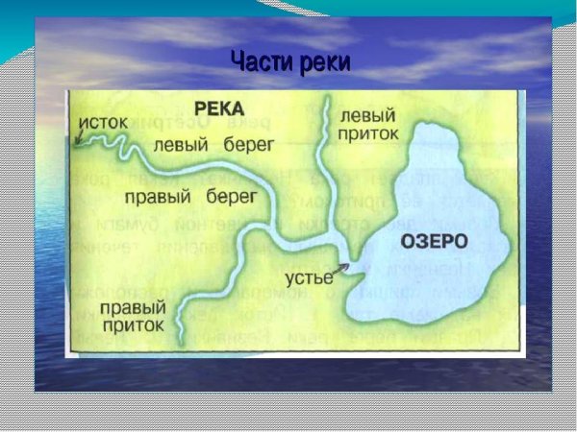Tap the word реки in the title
pyautogui.click(x=324, y=62)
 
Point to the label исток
pyautogui.click(x=103, y=126)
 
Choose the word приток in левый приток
pyautogui.click(x=369, y=134)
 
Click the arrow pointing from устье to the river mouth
pyautogui.click(x=341, y=264)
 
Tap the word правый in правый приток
pyautogui.click(x=132, y=309)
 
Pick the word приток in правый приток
pyautogui.click(x=132, y=327)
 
